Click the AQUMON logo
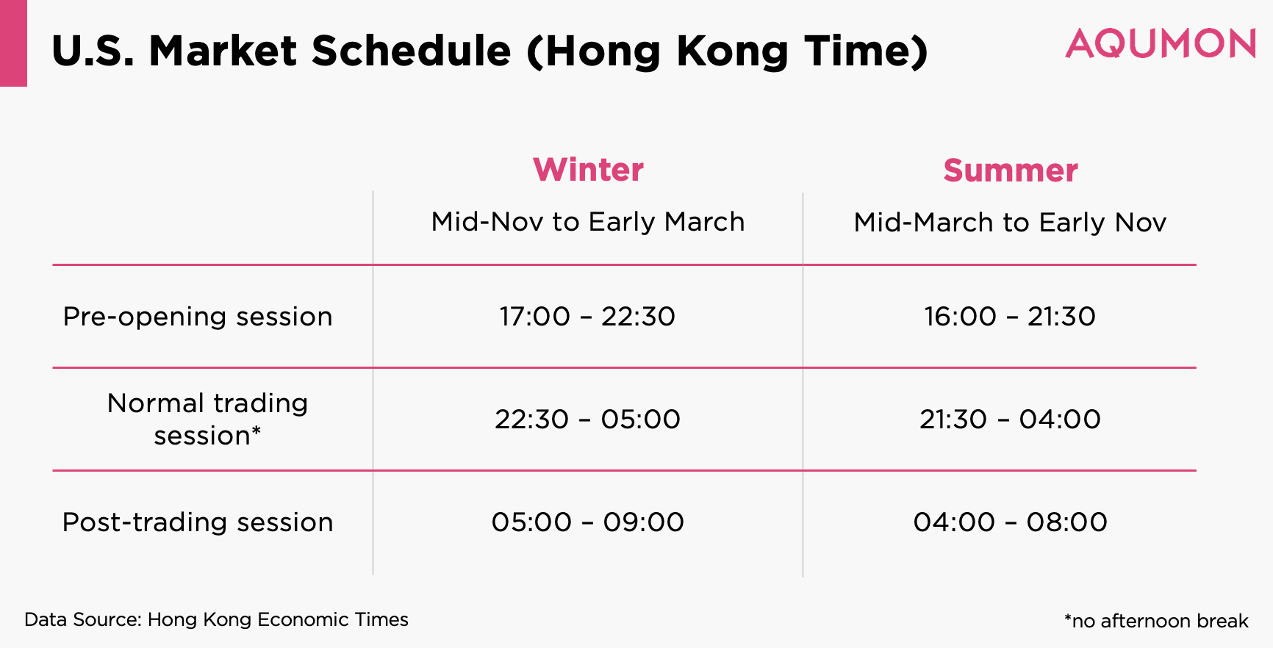[x=1161, y=44]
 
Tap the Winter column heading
[x=588, y=170]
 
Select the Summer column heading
[x=1011, y=170]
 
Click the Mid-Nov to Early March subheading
[x=588, y=222]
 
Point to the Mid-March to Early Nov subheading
[x=1010, y=223]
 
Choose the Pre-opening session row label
[x=198, y=317]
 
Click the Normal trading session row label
[x=208, y=420]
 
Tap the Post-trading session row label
[x=198, y=522]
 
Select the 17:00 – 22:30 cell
[x=587, y=317]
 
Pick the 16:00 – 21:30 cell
[x=1010, y=317]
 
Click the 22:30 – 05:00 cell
[x=587, y=420]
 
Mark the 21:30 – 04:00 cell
[x=1010, y=420]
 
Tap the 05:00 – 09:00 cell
[x=587, y=522]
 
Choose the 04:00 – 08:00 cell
[x=1010, y=522]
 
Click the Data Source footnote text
[x=216, y=620]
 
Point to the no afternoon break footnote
[x=1156, y=622]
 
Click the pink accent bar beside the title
[x=13, y=43]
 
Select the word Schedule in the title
[x=411, y=51]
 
